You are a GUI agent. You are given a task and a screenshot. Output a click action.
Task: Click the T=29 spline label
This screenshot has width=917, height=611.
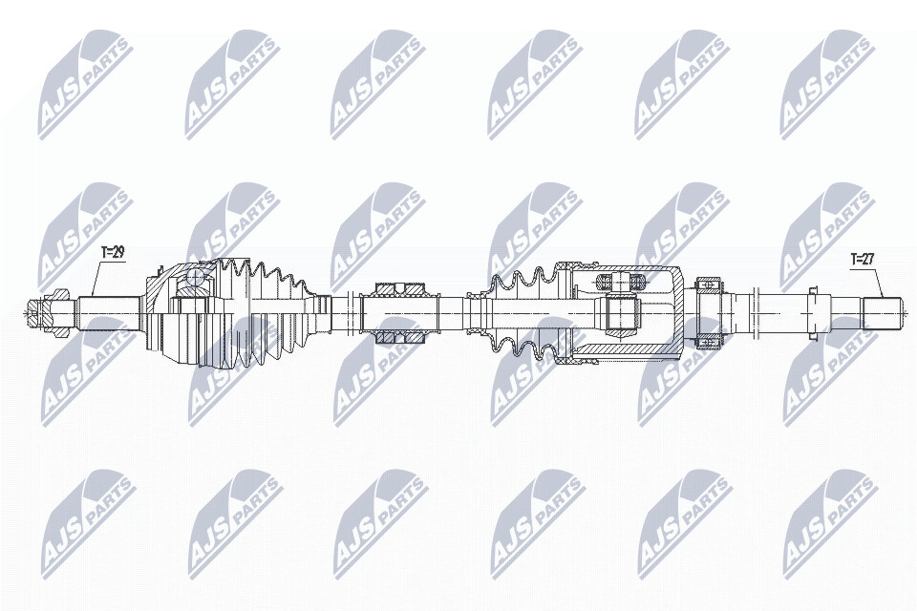tap(113, 253)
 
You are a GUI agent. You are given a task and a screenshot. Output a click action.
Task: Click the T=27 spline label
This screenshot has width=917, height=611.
tap(863, 259)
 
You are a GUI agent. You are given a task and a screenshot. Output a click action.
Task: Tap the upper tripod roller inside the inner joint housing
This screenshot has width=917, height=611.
tap(621, 282)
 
